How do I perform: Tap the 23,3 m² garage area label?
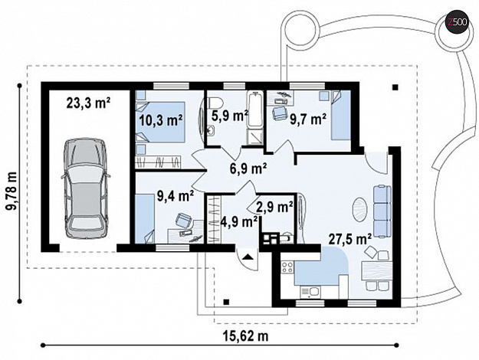88,103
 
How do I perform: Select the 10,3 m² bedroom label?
161,120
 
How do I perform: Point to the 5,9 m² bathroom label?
229,116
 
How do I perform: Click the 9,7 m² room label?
307,119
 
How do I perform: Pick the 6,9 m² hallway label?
249,168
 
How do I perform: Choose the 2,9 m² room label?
275,208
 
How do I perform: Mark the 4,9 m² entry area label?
239,221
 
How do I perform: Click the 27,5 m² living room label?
349,239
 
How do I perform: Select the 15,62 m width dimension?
246,336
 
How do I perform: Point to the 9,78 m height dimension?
11,190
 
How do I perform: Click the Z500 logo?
456,21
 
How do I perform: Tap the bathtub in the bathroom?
255,109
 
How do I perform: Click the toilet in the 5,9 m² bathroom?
213,102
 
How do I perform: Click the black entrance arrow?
248,257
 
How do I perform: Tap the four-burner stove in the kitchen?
287,267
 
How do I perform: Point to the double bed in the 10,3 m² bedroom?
160,122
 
